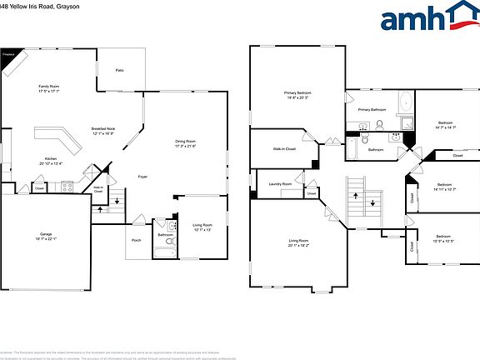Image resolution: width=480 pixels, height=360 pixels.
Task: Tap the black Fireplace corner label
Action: (x=9, y=56)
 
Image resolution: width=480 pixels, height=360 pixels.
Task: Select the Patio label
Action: (x=120, y=71)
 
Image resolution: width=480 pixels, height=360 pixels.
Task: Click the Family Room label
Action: (x=48, y=87)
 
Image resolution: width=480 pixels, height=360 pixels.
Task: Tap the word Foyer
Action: (x=142, y=177)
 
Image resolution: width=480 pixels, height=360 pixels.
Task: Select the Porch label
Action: (x=136, y=241)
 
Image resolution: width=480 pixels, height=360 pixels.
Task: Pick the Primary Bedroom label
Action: (x=297, y=92)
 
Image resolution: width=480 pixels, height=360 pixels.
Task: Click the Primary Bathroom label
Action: (x=372, y=109)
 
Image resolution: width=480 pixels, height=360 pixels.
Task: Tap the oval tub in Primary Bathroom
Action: (x=405, y=105)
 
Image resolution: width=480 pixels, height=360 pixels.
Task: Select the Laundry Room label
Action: (x=280, y=184)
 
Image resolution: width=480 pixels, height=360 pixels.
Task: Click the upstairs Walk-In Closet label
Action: (x=284, y=149)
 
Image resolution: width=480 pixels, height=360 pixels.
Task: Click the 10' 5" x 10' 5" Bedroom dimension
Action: (x=443, y=242)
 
